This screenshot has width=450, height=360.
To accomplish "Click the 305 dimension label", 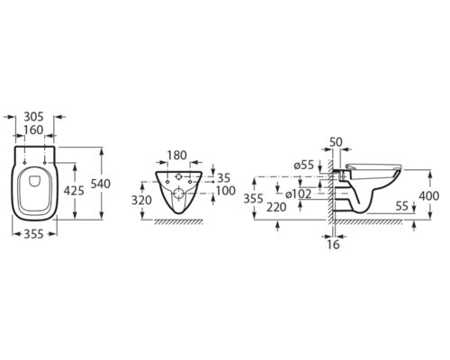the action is coord(33,116).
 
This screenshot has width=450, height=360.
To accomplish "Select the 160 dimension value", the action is coord(33,130).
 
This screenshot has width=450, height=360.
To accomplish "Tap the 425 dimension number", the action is coord(74,191).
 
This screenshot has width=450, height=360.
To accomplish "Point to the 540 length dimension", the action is coord(101,184).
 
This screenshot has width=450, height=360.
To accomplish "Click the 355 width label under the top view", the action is coord(33,234).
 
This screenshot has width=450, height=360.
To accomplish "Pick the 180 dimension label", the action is coord(176,156).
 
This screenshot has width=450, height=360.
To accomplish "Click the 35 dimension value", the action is coord(223,177).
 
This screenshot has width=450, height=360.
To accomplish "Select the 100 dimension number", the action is coord(225,191).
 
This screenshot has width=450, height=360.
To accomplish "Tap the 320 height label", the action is coord(141,200).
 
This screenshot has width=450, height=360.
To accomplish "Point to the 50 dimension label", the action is coord(336,142).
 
